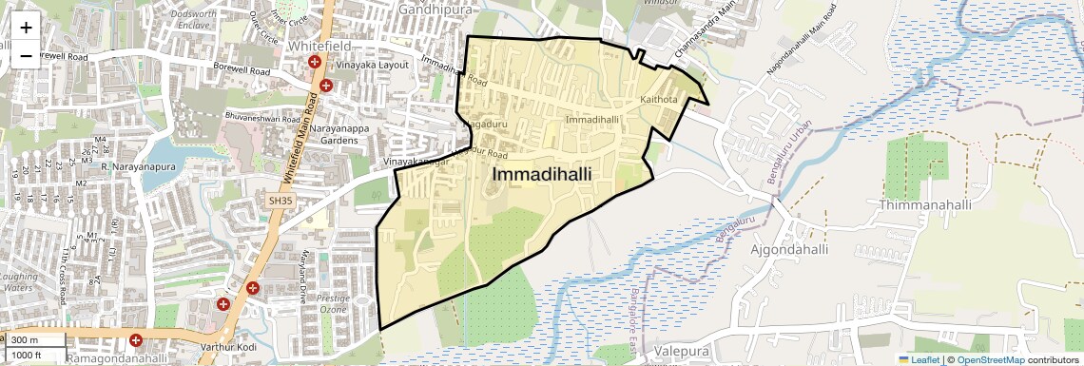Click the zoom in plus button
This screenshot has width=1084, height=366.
coord(26,27)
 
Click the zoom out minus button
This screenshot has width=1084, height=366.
coord(26,55)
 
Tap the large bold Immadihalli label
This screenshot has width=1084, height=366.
coord(542,175)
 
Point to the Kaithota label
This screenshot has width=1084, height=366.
coord(659,99)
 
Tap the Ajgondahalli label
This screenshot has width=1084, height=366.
coord(789,250)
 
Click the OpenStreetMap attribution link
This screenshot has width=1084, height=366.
coord(990,359)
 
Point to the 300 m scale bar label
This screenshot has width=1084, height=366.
coord(25,340)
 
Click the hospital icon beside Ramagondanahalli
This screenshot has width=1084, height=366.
coord(136,339)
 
